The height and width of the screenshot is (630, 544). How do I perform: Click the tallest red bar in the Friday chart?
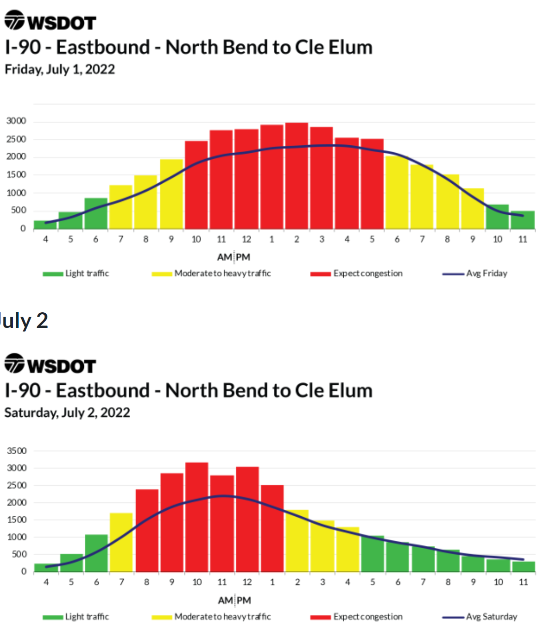pyautogui.click(x=296, y=175)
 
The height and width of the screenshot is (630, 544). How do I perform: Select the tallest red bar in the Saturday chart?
pyautogui.click(x=196, y=517)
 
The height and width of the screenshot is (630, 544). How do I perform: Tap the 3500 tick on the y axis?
pyautogui.click(x=17, y=451)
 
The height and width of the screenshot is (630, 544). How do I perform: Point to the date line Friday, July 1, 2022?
pyautogui.click(x=60, y=69)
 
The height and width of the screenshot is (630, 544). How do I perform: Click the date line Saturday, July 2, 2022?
pyautogui.click(x=67, y=413)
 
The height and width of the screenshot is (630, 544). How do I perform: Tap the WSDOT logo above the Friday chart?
pyautogui.click(x=50, y=21)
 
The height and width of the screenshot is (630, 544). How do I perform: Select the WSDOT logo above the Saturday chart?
pyautogui.click(x=50, y=365)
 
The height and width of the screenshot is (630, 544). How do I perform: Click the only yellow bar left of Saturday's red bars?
pyautogui.click(x=121, y=542)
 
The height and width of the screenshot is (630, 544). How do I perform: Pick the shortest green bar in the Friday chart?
pyautogui.click(x=45, y=225)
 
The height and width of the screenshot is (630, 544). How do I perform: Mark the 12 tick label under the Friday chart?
pyautogui.click(x=246, y=239)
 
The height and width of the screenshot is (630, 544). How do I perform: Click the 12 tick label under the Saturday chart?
pyautogui.click(x=247, y=582)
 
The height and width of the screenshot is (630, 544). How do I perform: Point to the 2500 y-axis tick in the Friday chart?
pyautogui.click(x=16, y=139)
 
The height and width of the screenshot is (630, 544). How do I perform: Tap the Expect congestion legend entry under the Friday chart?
pyautogui.click(x=357, y=273)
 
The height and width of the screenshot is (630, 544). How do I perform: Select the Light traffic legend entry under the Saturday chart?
pyautogui.click(x=76, y=617)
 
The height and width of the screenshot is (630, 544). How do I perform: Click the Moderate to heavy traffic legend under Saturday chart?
pyautogui.click(x=212, y=617)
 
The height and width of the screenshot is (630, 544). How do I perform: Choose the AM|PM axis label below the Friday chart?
pyautogui.click(x=234, y=257)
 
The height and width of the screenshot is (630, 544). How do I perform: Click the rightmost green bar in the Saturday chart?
pyautogui.click(x=523, y=566)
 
